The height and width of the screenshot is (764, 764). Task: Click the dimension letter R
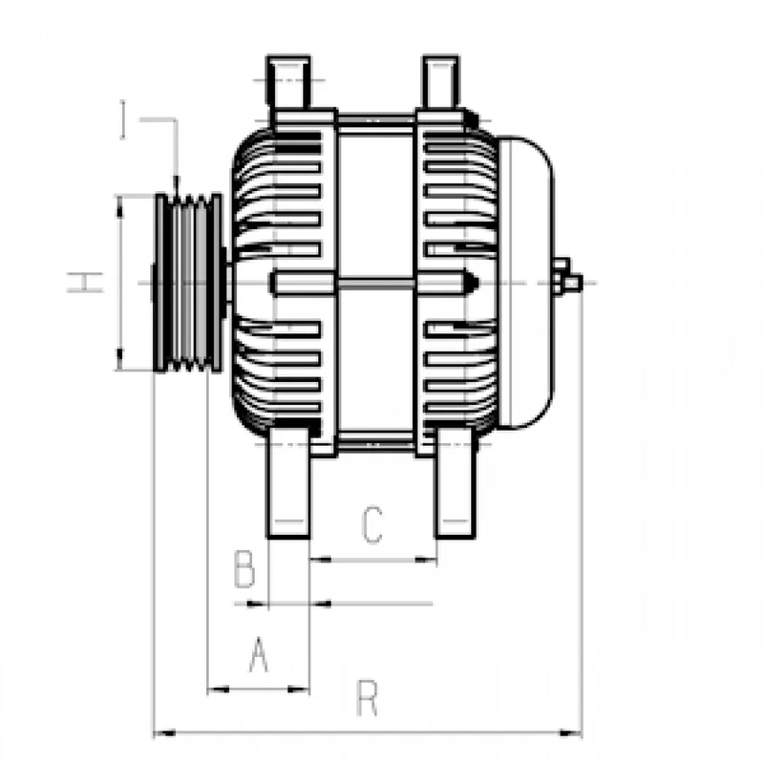(367, 698)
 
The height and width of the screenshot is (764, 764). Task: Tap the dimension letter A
(259, 654)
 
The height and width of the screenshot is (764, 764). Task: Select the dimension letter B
(244, 569)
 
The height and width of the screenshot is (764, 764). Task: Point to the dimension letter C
(372, 524)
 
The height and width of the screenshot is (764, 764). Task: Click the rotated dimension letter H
(85, 283)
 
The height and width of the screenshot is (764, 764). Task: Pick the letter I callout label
(123, 119)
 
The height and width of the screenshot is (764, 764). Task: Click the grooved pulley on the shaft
(188, 283)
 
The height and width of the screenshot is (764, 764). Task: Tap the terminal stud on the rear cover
(567, 279)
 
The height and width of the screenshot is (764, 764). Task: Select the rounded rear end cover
(525, 283)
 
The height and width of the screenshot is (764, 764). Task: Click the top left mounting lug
(288, 83)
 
